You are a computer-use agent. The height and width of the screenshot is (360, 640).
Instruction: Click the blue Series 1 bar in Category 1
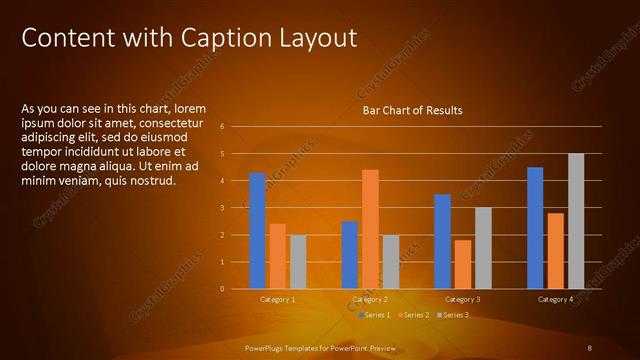[257, 231]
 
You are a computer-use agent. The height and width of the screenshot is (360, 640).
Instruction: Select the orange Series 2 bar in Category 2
[370, 229]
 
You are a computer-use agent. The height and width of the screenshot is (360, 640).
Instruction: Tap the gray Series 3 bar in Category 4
[576, 221]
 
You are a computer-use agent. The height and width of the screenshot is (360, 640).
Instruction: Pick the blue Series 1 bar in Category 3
[443, 241]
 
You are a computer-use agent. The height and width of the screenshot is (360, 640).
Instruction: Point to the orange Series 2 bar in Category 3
[463, 264]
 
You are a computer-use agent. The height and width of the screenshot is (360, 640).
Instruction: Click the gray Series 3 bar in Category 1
[297, 262]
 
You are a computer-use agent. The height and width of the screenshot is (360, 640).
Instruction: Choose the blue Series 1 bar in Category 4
[535, 228]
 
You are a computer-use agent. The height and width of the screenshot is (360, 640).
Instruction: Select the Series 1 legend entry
[374, 316]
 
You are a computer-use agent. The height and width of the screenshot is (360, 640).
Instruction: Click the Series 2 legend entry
[413, 316]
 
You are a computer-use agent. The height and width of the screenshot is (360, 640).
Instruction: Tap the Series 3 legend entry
[452, 316]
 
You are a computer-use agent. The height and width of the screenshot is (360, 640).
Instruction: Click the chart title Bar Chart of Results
[411, 110]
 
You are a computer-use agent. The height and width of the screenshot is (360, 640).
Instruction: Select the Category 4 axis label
[555, 300]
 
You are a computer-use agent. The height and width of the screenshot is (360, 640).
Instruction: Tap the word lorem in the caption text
[190, 108]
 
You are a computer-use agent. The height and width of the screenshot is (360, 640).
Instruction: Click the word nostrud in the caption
[154, 181]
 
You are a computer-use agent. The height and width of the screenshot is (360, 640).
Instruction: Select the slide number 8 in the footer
[591, 347]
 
